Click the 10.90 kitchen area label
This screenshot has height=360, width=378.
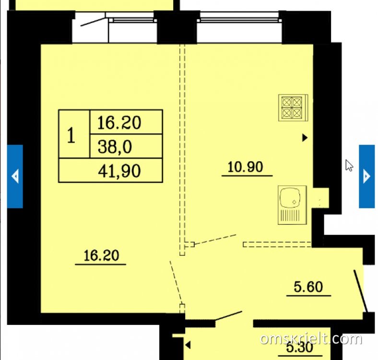click(x=245, y=167)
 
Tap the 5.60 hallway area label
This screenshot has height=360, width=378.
click(x=308, y=287)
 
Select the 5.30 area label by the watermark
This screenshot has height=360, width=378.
click(x=300, y=348)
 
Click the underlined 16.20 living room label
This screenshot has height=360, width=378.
click(x=101, y=255)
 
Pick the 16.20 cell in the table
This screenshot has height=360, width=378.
click(x=126, y=122)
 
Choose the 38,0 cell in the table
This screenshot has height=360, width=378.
click(x=126, y=146)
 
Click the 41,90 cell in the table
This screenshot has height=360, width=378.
click(x=111, y=170)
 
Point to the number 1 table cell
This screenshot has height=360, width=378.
click(x=74, y=134)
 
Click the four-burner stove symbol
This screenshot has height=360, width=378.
click(x=293, y=108)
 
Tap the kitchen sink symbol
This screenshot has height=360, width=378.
click(x=292, y=205)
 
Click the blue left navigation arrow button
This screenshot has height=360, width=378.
click(x=15, y=176)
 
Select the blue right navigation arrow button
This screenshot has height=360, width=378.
click(x=366, y=176)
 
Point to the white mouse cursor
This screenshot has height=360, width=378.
click(x=349, y=165)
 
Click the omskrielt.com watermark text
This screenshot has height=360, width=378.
click(x=311, y=338)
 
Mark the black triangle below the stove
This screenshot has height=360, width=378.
click(x=305, y=138)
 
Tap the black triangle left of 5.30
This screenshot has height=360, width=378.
click(x=188, y=345)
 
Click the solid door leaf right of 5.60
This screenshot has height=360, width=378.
click(x=360, y=291)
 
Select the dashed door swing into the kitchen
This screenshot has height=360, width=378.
click(x=215, y=240)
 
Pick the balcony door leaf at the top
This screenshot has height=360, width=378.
click(x=93, y=22)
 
